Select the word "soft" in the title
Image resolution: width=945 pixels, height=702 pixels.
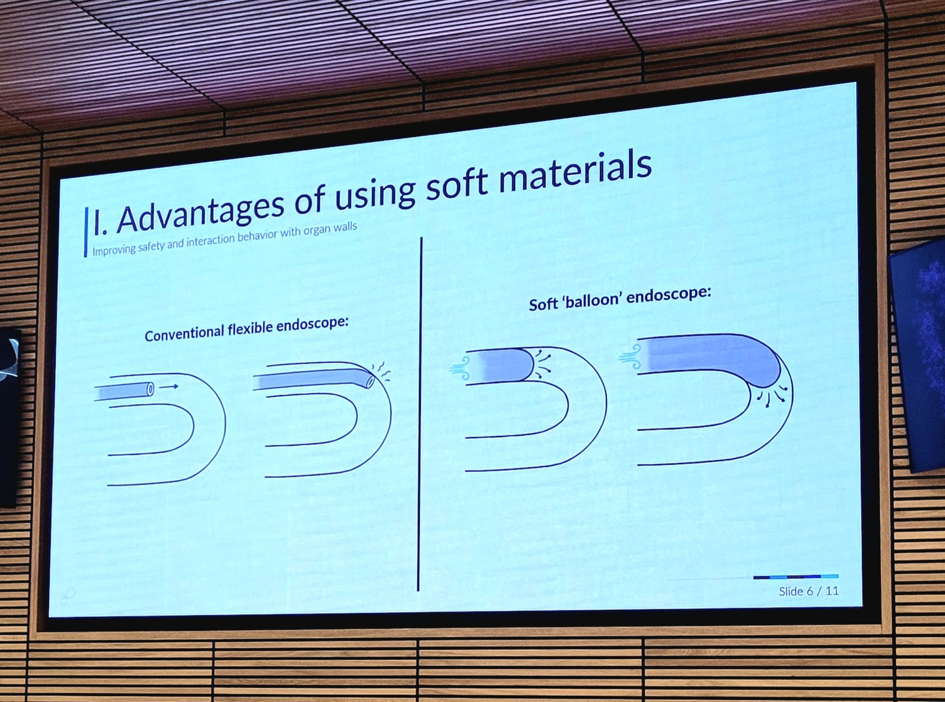457,185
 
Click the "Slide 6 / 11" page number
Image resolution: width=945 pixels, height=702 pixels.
808,591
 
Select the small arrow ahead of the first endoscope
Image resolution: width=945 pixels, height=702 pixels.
168,387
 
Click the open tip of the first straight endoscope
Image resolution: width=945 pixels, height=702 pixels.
150,389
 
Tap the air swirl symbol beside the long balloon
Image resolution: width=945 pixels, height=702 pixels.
631,356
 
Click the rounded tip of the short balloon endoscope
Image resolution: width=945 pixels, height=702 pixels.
528,364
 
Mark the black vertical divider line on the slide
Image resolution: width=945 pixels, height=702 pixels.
420,414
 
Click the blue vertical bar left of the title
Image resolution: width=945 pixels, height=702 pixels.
86,232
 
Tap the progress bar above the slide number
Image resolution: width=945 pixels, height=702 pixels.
795,577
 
